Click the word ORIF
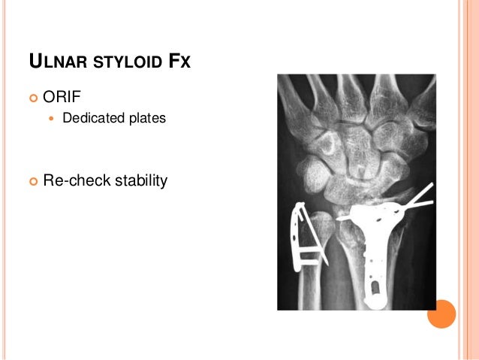coord(63,97)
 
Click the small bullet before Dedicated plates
coord(51,119)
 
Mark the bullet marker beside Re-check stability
coord(32,181)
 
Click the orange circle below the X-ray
coord(441,313)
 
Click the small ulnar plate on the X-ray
coord(303,237)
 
